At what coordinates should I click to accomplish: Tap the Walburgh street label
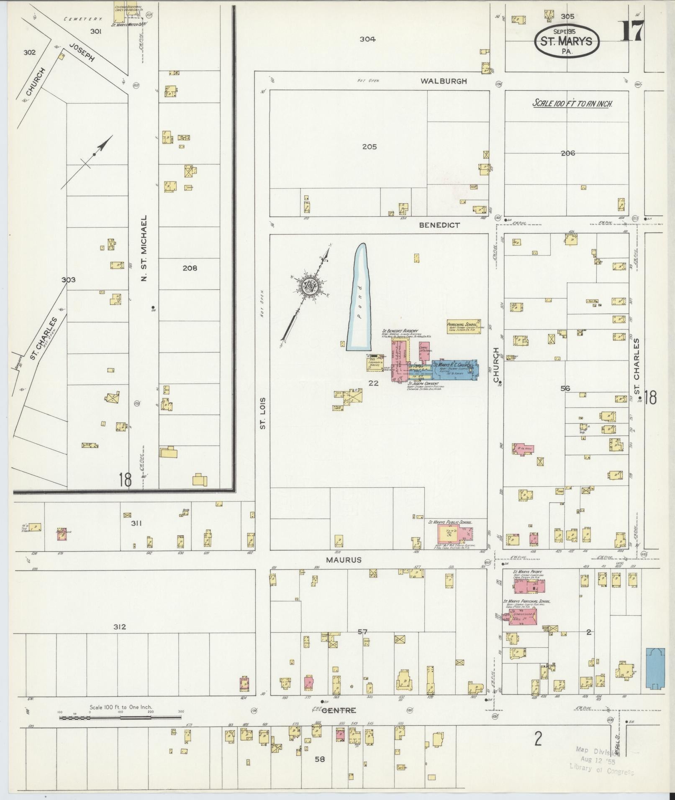444,81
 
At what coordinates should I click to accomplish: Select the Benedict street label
439,225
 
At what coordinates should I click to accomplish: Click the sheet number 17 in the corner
632,31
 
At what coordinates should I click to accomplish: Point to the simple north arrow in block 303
95,155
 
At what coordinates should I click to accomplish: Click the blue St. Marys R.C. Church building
455,369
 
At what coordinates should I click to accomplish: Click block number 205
370,147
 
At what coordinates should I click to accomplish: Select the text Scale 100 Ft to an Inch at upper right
572,103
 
